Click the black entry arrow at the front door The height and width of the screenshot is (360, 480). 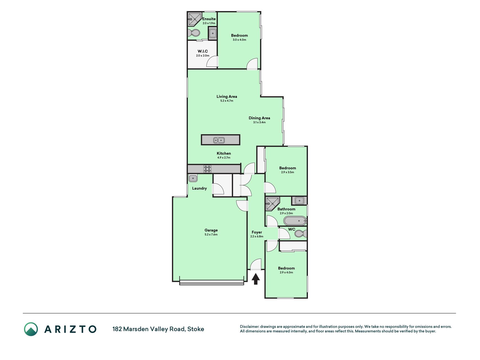click(x=256, y=279)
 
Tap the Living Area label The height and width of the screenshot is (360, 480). click(x=227, y=96)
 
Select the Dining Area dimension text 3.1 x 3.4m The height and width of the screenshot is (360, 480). click(x=259, y=122)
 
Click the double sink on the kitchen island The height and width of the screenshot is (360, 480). click(x=219, y=140)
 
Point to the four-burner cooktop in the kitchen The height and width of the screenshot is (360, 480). click(x=207, y=169)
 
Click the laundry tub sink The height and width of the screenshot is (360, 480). click(x=193, y=178)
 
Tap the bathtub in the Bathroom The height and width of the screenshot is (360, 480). click(x=295, y=221)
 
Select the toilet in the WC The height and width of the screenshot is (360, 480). click(x=301, y=233)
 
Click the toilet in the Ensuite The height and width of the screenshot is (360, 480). click(x=193, y=33)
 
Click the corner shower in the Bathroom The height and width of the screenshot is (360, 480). click(x=272, y=203)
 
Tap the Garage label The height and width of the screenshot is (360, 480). click(x=211, y=230)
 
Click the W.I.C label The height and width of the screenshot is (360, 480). click(x=203, y=51)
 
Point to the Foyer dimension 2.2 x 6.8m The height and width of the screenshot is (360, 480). click(x=257, y=237)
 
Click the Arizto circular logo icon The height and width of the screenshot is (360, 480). click(x=31, y=329)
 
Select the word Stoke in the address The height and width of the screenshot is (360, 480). click(x=196, y=329)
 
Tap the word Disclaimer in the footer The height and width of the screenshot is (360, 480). click(x=249, y=327)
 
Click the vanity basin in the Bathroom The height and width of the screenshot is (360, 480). click(x=299, y=201)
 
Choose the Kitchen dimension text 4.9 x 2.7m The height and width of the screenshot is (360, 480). click(x=224, y=158)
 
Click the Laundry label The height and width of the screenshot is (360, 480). click(x=199, y=188)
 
